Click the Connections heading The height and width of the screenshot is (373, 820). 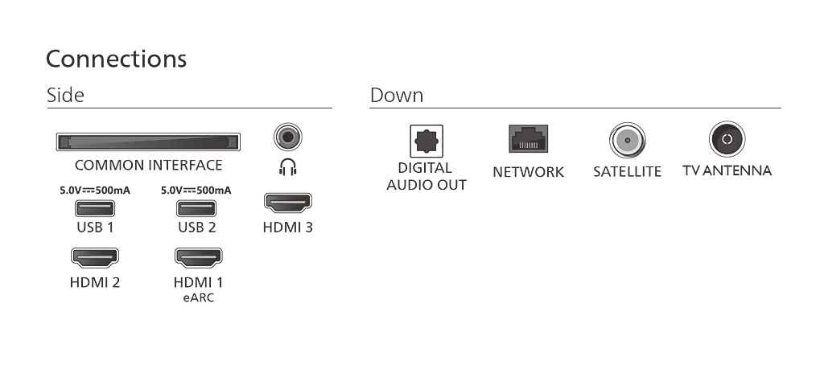click(x=116, y=59)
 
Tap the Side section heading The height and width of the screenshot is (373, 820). click(x=65, y=95)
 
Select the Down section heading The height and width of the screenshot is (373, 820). click(x=397, y=95)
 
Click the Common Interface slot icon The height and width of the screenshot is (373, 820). click(x=148, y=142)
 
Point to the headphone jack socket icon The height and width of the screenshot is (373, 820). click(x=287, y=137)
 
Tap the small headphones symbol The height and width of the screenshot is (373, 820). click(x=287, y=167)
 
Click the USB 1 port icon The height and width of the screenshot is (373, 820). click(x=95, y=208)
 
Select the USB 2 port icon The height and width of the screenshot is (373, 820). click(x=196, y=208)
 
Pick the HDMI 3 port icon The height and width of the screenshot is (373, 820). click(x=287, y=203)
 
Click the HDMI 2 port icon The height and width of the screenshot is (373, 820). click(x=95, y=258)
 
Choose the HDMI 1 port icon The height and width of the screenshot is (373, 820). click(x=198, y=258)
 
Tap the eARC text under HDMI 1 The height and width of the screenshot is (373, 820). click(x=199, y=297)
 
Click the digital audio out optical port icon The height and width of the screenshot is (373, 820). click(x=426, y=141)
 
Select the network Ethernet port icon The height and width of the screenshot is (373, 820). click(x=528, y=138)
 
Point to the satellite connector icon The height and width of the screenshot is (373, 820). click(x=627, y=140)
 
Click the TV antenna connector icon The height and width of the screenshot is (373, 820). click(x=727, y=139)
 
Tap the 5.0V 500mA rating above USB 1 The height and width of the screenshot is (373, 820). click(x=95, y=191)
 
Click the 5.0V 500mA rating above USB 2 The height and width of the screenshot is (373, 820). click(x=196, y=191)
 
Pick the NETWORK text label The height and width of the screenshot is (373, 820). click(x=528, y=172)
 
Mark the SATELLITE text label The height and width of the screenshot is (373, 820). click(x=627, y=171)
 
